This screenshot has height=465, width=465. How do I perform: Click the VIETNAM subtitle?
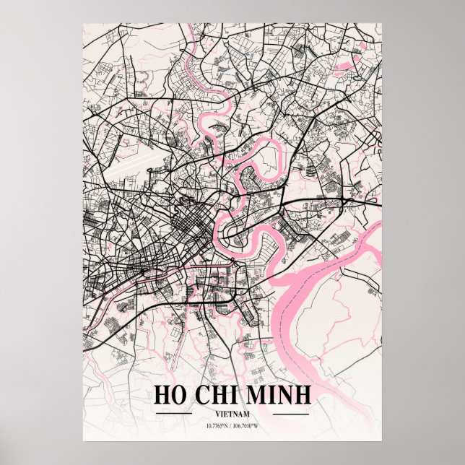[x=232, y=414]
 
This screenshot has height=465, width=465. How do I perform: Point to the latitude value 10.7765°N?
[x=209, y=426]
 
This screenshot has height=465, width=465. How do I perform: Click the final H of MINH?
[x=303, y=395]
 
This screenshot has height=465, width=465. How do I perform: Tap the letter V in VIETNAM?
[x=217, y=414]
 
